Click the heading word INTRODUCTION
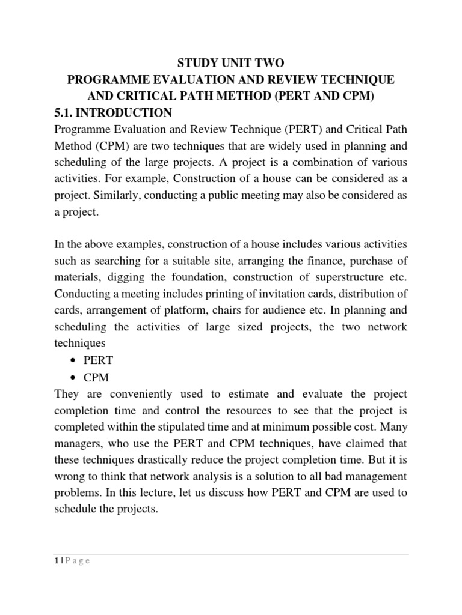[127, 113]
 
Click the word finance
[312, 261]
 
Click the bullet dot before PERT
[73, 361]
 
